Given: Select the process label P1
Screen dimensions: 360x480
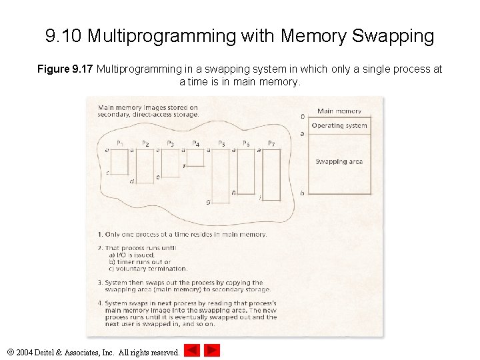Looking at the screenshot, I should [x=120, y=143].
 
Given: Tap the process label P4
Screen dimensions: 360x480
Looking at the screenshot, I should [x=196, y=143].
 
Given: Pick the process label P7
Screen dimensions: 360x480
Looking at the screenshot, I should [x=271, y=143].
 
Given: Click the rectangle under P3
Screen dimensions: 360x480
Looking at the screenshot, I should [x=170, y=163].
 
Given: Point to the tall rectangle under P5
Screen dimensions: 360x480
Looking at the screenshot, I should [x=221, y=173].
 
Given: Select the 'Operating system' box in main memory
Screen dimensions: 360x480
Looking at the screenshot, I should [x=339, y=126].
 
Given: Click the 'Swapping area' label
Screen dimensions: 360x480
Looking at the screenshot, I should [x=339, y=162].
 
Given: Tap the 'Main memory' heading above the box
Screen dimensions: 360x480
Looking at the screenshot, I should [x=339, y=111].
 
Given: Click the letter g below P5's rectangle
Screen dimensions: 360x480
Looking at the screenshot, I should [x=208, y=201].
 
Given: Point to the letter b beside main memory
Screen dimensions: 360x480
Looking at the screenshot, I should [x=302, y=193].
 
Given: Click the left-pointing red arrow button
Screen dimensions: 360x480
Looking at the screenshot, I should [x=192, y=350].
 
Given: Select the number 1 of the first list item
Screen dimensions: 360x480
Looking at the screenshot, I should [x=99, y=235].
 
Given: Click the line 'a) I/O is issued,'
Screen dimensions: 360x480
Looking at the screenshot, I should [x=131, y=255].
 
